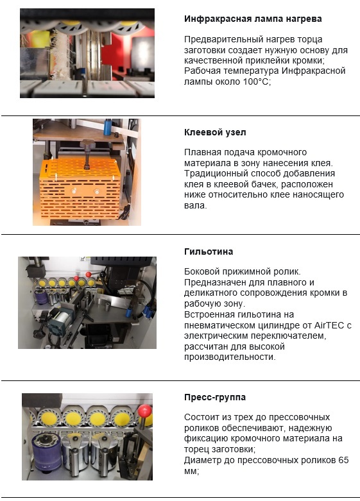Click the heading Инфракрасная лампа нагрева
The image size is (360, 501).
pos(253,19)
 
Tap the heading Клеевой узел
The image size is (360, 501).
pos(215,132)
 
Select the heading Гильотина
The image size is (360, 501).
pos(209,251)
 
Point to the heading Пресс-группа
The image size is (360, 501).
pos(215,398)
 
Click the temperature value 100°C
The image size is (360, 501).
pos(257,81)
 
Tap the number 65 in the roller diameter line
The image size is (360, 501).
pos(343,460)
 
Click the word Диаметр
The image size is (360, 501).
pos(201,461)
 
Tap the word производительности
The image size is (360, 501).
pos(230,357)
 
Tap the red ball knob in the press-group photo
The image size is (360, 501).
pos(145,411)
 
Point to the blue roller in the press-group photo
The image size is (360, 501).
pos(46,454)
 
